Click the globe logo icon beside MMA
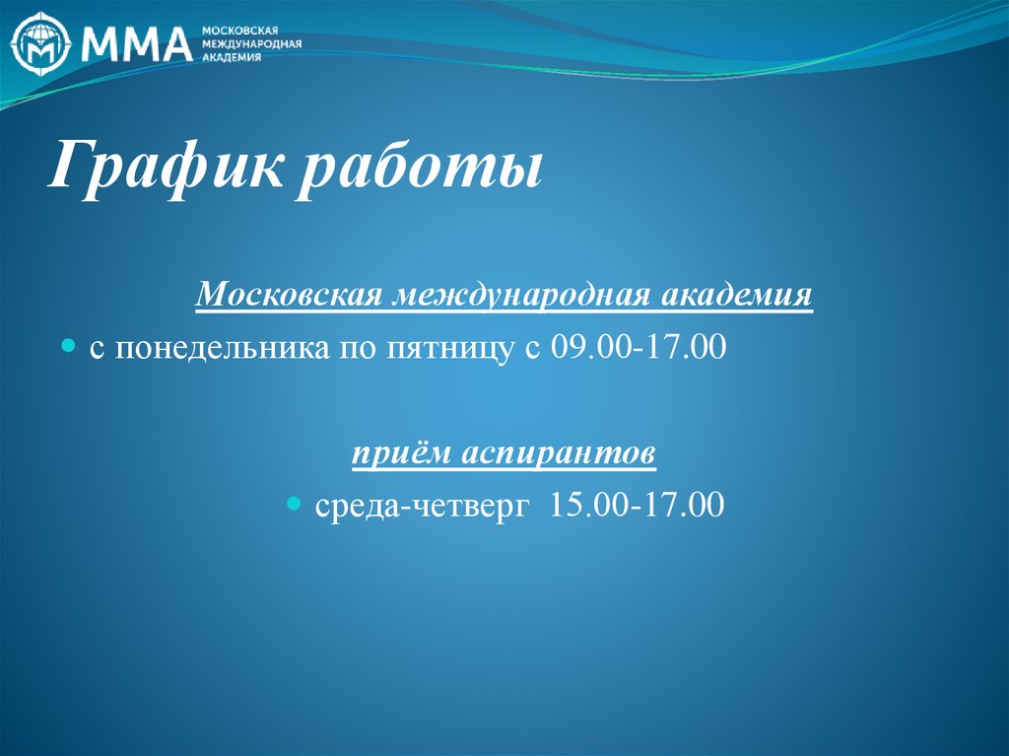click(x=42, y=42)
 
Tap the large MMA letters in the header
click(x=136, y=42)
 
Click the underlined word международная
click(x=522, y=295)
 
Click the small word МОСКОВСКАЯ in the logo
click(x=240, y=31)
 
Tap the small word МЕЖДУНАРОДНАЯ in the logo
click(x=251, y=43)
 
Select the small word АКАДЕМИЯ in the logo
click(x=232, y=57)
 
